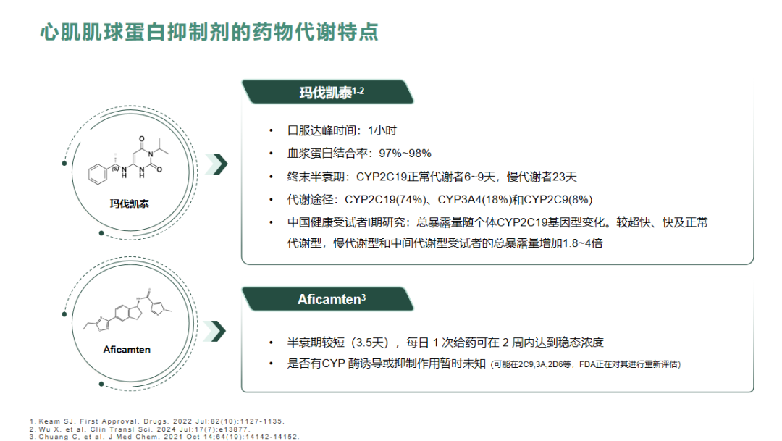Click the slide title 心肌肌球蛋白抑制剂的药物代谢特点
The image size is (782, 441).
pyautogui.click(x=209, y=32)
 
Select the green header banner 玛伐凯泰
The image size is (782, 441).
pyautogui.click(x=328, y=92)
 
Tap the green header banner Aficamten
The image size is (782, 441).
pyautogui.click(x=328, y=299)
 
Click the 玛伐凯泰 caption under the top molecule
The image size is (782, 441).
pyautogui.click(x=129, y=203)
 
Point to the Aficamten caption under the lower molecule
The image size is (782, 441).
pyautogui.click(x=127, y=350)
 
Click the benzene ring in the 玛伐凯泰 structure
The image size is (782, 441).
pyautogui.click(x=98, y=174)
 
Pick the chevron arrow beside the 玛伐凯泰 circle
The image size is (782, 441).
pyautogui.click(x=217, y=164)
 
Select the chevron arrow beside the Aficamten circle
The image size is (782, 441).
pyautogui.click(x=215, y=331)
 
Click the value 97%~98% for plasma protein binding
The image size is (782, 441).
pyautogui.click(x=405, y=153)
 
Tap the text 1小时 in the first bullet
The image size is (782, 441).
pyautogui.click(x=382, y=130)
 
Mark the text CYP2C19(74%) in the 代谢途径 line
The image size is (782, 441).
pyautogui.click(x=385, y=200)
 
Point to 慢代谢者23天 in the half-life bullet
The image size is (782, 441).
pyautogui.click(x=542, y=177)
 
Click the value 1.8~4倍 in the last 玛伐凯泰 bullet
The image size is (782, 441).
pyautogui.click(x=582, y=243)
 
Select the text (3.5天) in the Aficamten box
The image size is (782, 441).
pyautogui.click(x=369, y=343)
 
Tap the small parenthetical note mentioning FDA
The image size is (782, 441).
pyautogui.click(x=586, y=364)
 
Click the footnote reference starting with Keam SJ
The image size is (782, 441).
pyautogui.click(x=156, y=421)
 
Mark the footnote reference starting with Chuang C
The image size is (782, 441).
pyautogui.click(x=164, y=437)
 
